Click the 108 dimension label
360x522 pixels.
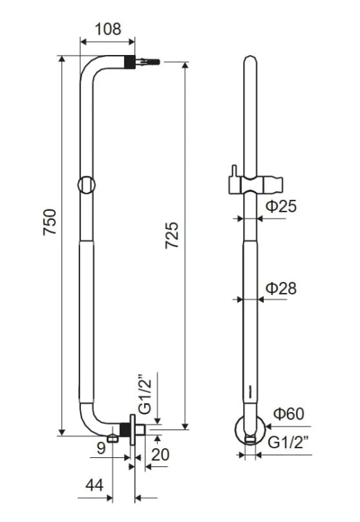[108, 29]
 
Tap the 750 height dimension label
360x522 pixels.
[50, 222]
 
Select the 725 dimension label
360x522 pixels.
[172, 235]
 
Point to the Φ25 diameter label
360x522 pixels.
[281, 206]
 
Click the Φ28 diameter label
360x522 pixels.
[281, 288]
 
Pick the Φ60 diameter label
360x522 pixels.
[288, 414]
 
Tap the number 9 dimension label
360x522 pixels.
[101, 448]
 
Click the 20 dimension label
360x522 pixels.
[160, 454]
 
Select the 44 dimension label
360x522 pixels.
[95, 485]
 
